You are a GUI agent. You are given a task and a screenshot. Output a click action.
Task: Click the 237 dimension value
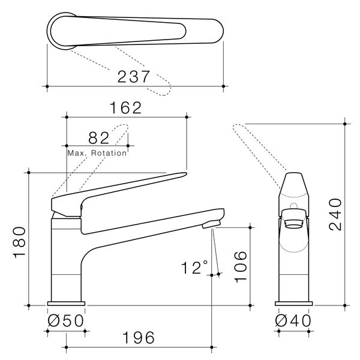134,77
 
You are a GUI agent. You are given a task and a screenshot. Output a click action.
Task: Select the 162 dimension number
125,107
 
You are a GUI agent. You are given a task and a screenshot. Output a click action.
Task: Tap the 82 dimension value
97,137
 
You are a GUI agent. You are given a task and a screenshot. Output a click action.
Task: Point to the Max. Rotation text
97,153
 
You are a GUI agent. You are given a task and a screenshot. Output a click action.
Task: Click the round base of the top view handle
62,29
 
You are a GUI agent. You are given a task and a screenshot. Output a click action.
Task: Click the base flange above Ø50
66,304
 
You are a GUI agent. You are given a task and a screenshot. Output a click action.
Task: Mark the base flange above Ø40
294,304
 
